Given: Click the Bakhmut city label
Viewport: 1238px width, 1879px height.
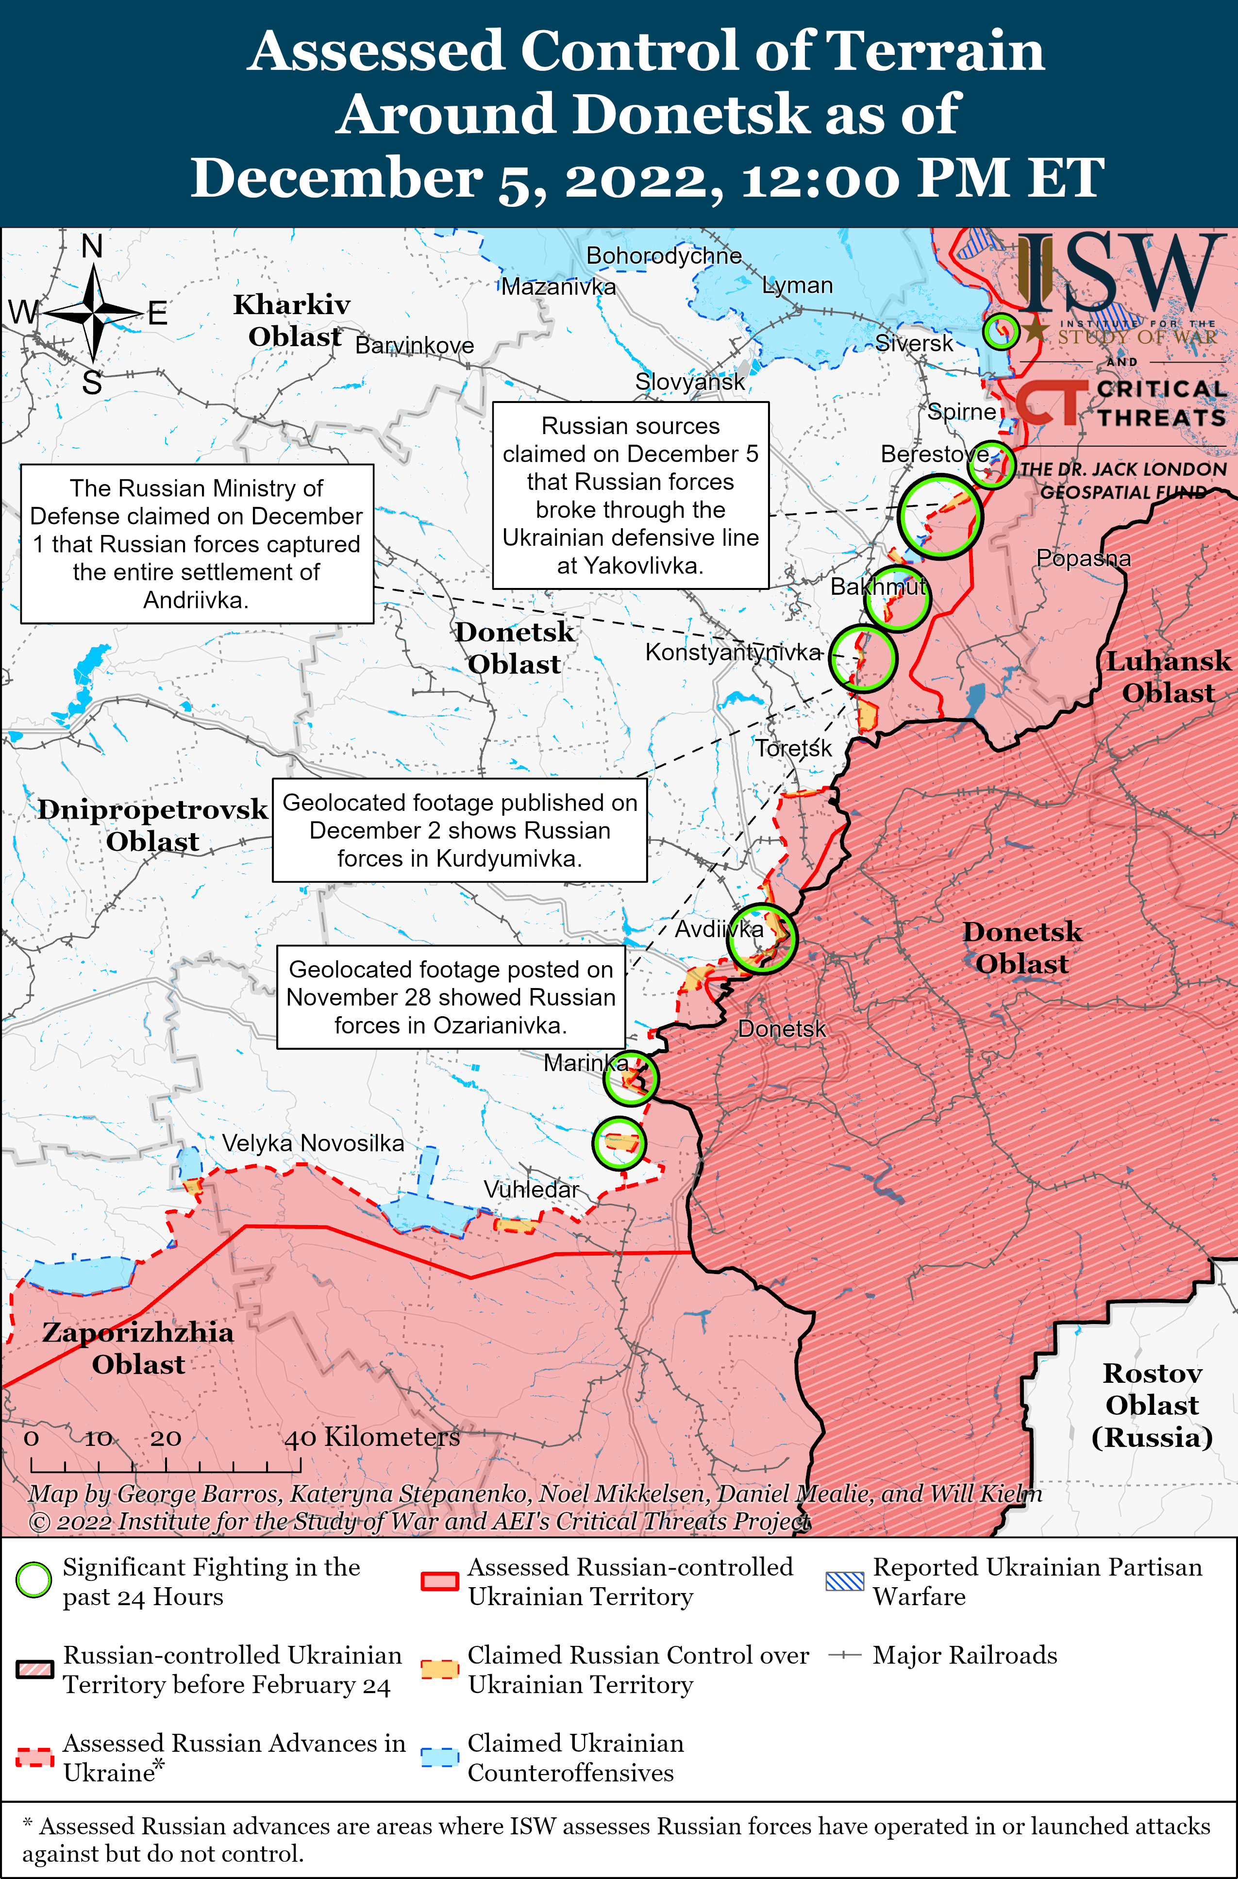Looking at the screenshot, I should (877, 587).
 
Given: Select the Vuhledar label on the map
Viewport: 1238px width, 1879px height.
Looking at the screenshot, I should (531, 1189).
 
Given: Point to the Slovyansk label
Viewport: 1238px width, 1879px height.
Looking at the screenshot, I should (690, 381).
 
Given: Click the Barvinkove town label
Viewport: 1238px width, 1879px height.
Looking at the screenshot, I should (415, 345).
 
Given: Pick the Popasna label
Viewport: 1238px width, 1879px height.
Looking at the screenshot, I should (1083, 558).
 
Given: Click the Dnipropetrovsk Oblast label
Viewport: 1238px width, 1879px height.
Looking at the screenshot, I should (152, 825).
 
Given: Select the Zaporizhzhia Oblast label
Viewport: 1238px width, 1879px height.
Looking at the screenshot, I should (138, 1348).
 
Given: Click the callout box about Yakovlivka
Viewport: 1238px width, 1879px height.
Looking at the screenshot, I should (630, 495).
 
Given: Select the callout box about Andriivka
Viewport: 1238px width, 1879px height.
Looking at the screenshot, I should (197, 544).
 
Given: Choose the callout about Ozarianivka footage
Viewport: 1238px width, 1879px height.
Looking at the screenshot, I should (451, 997).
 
